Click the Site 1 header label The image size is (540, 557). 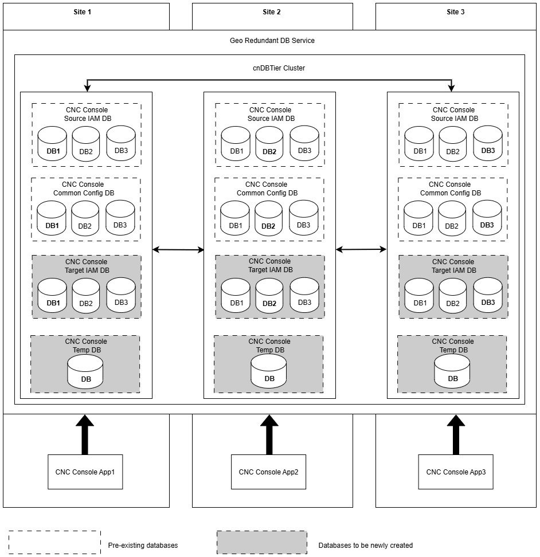tap(83, 11)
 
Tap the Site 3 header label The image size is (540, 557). tap(456, 11)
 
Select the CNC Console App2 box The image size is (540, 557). tap(269, 472)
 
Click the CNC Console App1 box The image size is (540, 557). tap(85, 472)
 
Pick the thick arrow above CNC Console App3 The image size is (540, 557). tap(456, 435)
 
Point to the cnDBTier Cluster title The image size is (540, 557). tap(279, 68)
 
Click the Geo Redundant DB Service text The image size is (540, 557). tap(272, 41)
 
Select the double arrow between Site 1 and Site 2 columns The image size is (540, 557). tap(178, 250)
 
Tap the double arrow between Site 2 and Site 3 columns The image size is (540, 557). tap(361, 250)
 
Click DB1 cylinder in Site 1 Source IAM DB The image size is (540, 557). tap(52, 143)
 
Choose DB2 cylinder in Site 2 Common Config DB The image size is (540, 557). tap(269, 218)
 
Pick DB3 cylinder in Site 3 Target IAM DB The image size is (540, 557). tap(488, 295)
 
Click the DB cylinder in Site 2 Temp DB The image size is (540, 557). tap(269, 371)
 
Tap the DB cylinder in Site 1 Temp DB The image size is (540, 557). tap(85, 372)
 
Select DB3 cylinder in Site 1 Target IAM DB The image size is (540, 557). tap(121, 295)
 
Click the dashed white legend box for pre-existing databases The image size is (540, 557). tap(54, 543)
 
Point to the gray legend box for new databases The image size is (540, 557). tap(262, 543)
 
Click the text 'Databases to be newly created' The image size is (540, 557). tap(366, 546)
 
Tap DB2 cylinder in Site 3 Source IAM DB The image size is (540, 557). tap(453, 144)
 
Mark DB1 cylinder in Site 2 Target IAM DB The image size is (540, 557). tap(236, 296)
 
